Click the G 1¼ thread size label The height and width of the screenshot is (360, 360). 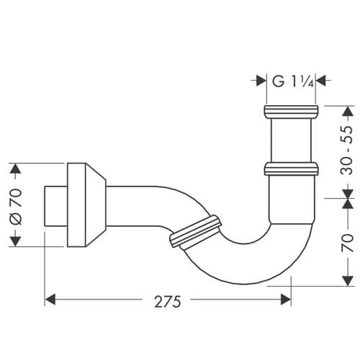click(292, 81)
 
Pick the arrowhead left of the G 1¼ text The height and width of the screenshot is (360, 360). click(261, 81)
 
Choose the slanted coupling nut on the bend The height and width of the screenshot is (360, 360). click(194, 230)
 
